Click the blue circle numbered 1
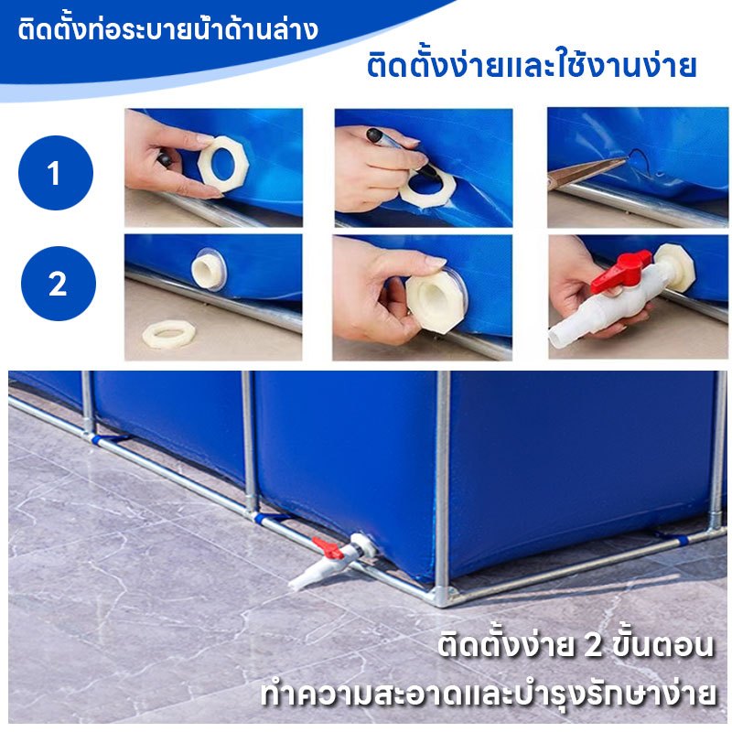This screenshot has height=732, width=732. pos(56,173)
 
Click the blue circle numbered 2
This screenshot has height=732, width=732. pos(59,284)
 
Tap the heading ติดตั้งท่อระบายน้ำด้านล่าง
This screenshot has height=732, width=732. pos(168,29)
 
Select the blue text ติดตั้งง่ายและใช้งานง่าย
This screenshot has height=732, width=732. pos(532,65)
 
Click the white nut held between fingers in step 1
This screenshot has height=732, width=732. pos(222,163)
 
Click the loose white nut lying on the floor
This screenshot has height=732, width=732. pos(168,334)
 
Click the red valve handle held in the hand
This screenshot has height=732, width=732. pos(621,271)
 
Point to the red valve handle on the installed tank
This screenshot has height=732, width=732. pos(328,548)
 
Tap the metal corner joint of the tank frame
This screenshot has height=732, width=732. pos(442,596)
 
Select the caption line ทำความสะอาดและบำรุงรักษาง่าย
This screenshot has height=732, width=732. pos(488,694)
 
